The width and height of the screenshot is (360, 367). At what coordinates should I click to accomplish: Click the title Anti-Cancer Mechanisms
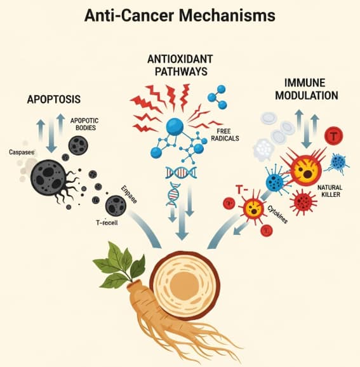(x=180, y=18)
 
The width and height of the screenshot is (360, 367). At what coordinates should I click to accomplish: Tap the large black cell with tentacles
(x=50, y=177)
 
